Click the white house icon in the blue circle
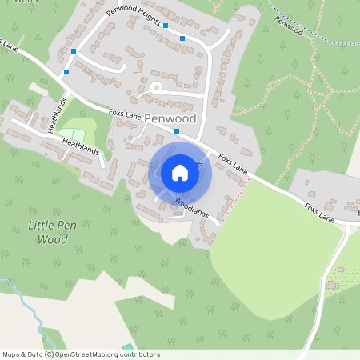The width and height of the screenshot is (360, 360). (180, 172)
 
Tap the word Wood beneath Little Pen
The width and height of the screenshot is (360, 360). (53, 238)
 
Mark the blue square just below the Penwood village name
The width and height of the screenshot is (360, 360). (176, 130)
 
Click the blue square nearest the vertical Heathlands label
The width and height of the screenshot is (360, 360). (66, 73)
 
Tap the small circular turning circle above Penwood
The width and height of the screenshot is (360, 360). (156, 86)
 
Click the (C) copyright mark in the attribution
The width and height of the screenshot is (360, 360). (49, 354)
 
